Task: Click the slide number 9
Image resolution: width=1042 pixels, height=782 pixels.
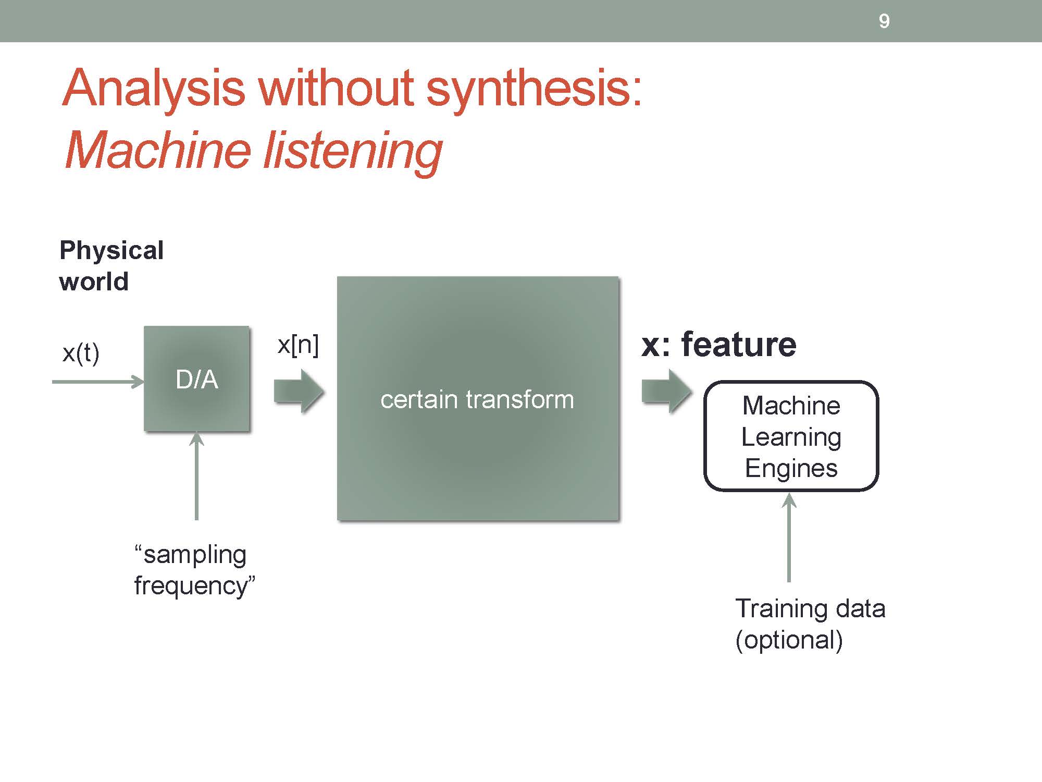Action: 884,21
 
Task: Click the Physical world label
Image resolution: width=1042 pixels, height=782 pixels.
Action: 111,266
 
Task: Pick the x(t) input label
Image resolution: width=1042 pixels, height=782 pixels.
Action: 81,353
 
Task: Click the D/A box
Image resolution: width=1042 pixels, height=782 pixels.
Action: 197,379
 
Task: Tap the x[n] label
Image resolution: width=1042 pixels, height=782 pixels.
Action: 298,345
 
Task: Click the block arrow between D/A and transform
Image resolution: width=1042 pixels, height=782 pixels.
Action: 299,391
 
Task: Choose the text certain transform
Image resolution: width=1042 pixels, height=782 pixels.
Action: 477,400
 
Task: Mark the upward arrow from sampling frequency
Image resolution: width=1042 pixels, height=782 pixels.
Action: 196,476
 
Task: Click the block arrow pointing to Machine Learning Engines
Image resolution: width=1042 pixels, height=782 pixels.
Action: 667,391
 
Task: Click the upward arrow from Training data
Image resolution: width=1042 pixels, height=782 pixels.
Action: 789,537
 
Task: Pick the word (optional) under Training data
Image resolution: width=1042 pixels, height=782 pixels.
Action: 789,640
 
